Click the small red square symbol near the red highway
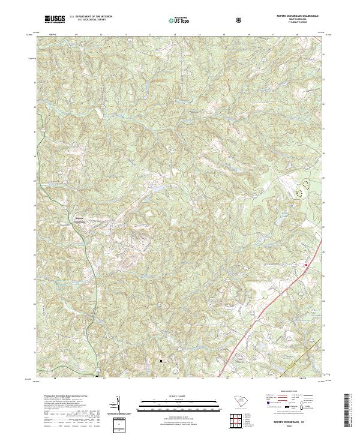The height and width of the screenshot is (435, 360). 305,265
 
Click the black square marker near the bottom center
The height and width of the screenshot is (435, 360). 161,361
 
